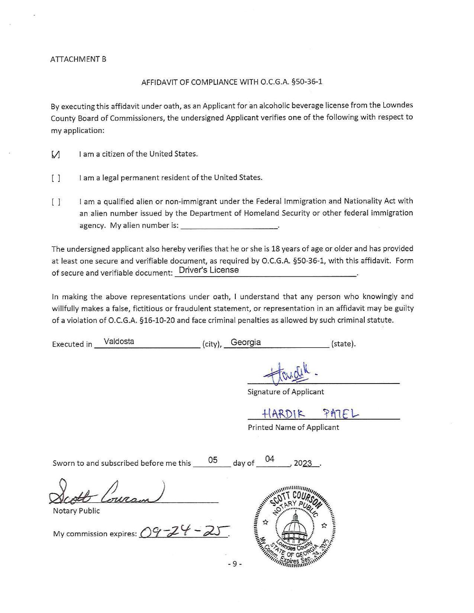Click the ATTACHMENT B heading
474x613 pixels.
pyautogui.click(x=78, y=59)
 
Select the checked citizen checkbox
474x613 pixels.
pyautogui.click(x=56, y=154)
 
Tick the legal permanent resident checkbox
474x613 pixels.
pyautogui.click(x=56, y=178)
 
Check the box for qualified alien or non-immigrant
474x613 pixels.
pyautogui.click(x=56, y=202)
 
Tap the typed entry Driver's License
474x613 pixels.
pyautogui.click(x=209, y=270)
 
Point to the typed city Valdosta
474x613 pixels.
pyautogui.click(x=119, y=342)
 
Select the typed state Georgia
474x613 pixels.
pyautogui.click(x=246, y=342)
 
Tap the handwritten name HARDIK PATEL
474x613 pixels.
pyautogui.click(x=310, y=413)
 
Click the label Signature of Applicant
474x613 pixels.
pyautogui.click(x=286, y=392)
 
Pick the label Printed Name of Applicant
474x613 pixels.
pyautogui.click(x=293, y=427)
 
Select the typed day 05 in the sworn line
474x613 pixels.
pyautogui.click(x=213, y=460)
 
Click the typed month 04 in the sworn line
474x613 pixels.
pyautogui.click(x=270, y=459)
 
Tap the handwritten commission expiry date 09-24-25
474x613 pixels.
pyautogui.click(x=184, y=532)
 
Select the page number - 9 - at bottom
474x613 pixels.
pyautogui.click(x=235, y=564)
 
